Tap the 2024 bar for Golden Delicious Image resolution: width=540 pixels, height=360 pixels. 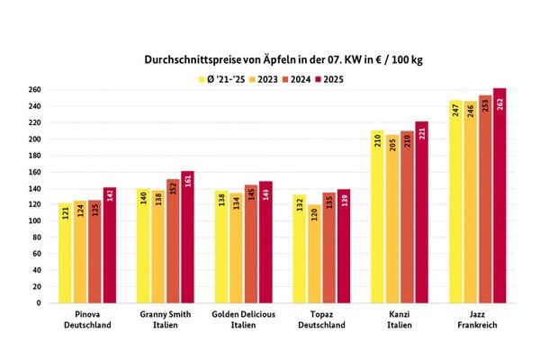(251, 243)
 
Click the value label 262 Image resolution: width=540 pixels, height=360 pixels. (500, 104)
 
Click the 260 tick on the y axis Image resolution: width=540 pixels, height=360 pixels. (33, 90)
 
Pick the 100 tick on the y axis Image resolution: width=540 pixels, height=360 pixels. (33, 220)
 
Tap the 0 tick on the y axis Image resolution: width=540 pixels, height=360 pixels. (37, 302)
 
